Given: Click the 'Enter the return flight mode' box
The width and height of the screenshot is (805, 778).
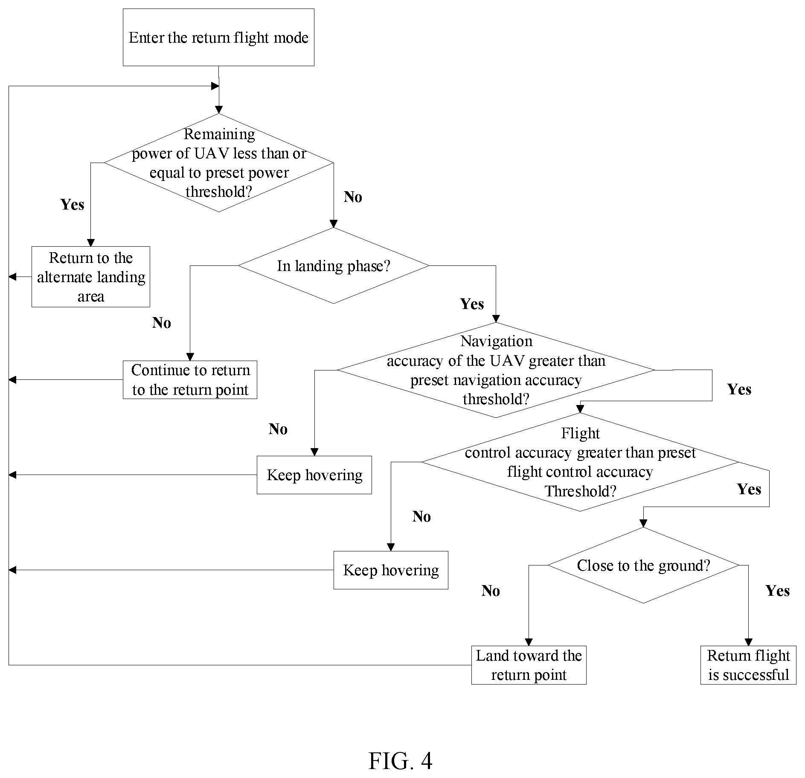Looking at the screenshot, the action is pyautogui.click(x=218, y=38).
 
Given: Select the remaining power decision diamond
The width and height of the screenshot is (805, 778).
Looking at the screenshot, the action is pyautogui.click(x=219, y=163).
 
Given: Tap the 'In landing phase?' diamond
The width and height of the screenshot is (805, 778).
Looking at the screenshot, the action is pyautogui.click(x=333, y=266).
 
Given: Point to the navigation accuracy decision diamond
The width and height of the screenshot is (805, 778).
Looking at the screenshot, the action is pyautogui.click(x=496, y=370).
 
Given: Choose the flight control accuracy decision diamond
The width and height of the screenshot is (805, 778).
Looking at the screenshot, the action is pyautogui.click(x=580, y=462).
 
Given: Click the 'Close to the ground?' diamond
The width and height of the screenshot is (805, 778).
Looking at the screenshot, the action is pyautogui.click(x=643, y=565).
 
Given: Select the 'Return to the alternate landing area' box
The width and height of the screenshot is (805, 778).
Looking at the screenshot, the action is pyautogui.click(x=91, y=277).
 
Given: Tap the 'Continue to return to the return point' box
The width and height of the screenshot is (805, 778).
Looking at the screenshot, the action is pyautogui.click(x=190, y=380).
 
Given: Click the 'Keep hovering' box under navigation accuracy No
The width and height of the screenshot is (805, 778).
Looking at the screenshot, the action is pyautogui.click(x=314, y=475).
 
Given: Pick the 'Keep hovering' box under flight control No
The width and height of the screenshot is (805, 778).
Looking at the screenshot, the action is pyautogui.click(x=391, y=570).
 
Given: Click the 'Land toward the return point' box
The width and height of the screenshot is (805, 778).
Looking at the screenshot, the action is pyautogui.click(x=529, y=665).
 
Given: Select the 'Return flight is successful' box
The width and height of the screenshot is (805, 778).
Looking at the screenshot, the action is pyautogui.click(x=748, y=665).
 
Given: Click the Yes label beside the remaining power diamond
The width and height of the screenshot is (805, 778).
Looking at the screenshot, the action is pyautogui.click(x=72, y=204).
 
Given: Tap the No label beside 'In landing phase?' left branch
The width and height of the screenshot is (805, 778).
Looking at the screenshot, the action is pyautogui.click(x=162, y=323).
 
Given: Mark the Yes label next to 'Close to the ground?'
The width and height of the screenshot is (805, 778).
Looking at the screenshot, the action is pyautogui.click(x=778, y=591).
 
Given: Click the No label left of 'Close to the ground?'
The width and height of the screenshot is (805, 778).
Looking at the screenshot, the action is pyautogui.click(x=491, y=591).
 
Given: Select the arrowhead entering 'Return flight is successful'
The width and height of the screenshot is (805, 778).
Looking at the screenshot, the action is pyautogui.click(x=748, y=642).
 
